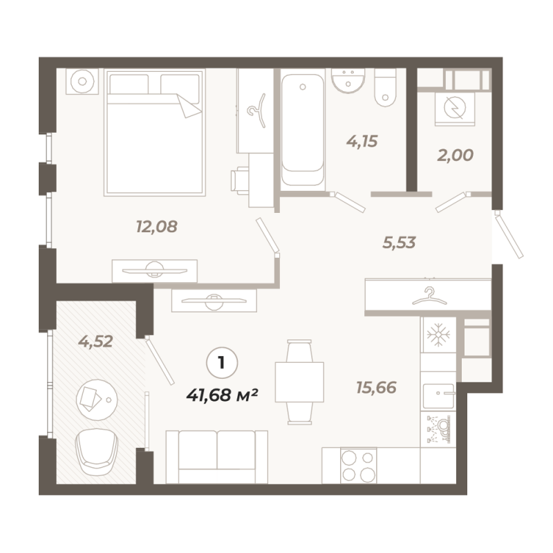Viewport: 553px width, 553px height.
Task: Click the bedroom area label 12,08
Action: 157,227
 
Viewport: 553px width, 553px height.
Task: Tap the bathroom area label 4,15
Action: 362,142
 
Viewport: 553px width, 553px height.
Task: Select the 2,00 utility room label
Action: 456,155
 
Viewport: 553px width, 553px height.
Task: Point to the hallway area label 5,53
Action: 400,243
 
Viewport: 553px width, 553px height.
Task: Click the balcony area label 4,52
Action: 95,341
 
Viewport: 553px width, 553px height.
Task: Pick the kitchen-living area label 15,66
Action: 376,388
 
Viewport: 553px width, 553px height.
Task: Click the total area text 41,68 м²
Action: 222,395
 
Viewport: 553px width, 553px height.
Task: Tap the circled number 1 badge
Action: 222,363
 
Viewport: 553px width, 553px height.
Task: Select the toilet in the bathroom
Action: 385,87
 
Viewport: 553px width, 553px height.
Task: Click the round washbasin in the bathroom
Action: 348,80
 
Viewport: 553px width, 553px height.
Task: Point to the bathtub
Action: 303,129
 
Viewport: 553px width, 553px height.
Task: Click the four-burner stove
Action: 358,465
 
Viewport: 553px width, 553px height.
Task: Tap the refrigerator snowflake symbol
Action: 438,335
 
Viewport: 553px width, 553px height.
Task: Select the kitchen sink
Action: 438,395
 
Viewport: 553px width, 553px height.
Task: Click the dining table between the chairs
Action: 299,382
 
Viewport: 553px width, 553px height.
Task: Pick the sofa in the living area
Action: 217,457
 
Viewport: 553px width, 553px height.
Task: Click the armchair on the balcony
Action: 96,452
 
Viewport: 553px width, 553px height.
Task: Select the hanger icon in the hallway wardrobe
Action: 429,296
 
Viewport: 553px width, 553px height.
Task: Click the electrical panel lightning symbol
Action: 455,108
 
